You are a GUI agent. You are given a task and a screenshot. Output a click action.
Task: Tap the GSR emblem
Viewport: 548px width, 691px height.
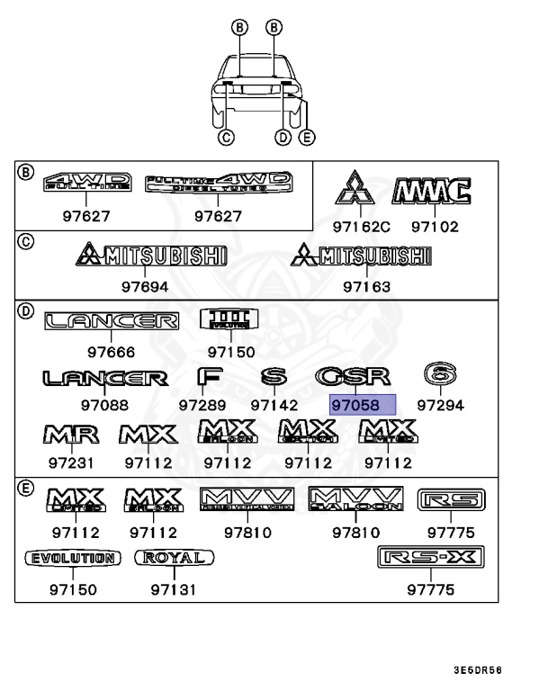pyautogui.click(x=352, y=377)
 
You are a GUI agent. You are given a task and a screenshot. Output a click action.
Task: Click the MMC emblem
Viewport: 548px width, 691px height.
pyautogui.click(x=432, y=191)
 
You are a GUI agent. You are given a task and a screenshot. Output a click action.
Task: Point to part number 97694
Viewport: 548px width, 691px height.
pyautogui.click(x=149, y=287)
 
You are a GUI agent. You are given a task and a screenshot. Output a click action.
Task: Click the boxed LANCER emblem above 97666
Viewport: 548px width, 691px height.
pyautogui.click(x=112, y=321)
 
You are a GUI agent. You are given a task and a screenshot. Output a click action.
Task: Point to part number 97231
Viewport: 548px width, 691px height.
pyautogui.click(x=70, y=462)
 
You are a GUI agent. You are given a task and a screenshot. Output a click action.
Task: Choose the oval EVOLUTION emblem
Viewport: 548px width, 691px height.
pyautogui.click(x=71, y=559)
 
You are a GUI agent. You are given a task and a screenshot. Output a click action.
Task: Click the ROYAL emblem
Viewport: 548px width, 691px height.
pyautogui.click(x=175, y=559)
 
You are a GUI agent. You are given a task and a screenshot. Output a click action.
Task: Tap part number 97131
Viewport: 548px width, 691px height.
pyautogui.click(x=174, y=590)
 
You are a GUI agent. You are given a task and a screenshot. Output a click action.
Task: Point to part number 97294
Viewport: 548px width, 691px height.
pyautogui.click(x=440, y=405)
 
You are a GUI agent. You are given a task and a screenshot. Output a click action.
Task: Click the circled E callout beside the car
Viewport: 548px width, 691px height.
pyautogui.click(x=307, y=138)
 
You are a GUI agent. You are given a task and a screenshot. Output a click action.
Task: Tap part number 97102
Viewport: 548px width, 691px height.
pyautogui.click(x=436, y=227)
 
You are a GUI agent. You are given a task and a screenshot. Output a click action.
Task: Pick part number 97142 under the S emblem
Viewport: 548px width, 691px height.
pyautogui.click(x=274, y=405)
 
